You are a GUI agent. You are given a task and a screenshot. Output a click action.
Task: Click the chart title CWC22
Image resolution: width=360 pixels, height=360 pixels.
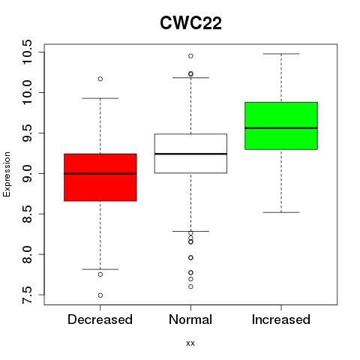tap(190, 23)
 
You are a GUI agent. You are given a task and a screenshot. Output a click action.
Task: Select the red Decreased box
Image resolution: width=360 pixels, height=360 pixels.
tap(100, 177)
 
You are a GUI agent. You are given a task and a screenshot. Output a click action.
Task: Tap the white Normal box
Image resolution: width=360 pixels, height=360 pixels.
tap(190, 154)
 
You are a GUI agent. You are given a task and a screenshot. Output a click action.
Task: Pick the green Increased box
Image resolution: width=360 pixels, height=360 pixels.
tap(281, 126)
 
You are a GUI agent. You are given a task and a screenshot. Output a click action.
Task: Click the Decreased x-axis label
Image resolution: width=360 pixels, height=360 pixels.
tap(100, 319)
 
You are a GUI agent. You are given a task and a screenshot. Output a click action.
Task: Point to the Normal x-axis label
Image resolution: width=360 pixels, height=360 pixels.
tap(190, 319)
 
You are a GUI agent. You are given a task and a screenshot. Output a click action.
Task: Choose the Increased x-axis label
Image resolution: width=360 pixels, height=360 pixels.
tap(281, 319)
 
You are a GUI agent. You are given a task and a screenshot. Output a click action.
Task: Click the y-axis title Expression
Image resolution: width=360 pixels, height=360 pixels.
tap(7, 174)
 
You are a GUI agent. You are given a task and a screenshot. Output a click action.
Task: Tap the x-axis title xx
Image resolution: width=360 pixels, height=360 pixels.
tap(190, 343)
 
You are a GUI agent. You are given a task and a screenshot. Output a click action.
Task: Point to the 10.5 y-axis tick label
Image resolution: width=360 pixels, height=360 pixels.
tap(27, 52)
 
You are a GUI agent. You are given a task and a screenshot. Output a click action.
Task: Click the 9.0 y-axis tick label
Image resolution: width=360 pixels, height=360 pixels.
tap(27, 173)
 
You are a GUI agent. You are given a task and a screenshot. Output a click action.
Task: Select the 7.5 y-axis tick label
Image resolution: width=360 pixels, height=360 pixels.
tap(27, 295)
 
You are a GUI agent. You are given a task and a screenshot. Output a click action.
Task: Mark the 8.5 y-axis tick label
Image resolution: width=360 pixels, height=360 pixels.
tap(27, 214)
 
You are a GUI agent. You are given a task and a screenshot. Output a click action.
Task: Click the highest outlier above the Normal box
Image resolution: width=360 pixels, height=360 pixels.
tap(190, 56)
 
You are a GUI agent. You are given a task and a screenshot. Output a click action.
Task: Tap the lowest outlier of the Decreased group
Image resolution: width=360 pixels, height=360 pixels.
tap(100, 295)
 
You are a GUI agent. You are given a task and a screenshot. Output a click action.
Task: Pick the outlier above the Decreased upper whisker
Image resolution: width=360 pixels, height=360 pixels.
tap(100, 79)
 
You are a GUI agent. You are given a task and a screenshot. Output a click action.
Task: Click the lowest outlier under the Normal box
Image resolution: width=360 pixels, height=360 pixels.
tap(190, 286)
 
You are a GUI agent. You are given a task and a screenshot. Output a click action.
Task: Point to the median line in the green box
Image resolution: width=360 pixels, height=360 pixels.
tap(281, 128)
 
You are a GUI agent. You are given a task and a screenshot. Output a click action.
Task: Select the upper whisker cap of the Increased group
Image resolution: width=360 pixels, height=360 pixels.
tap(281, 54)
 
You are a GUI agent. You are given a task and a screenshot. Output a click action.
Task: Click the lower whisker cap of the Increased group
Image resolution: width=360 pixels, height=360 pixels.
tap(281, 212)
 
